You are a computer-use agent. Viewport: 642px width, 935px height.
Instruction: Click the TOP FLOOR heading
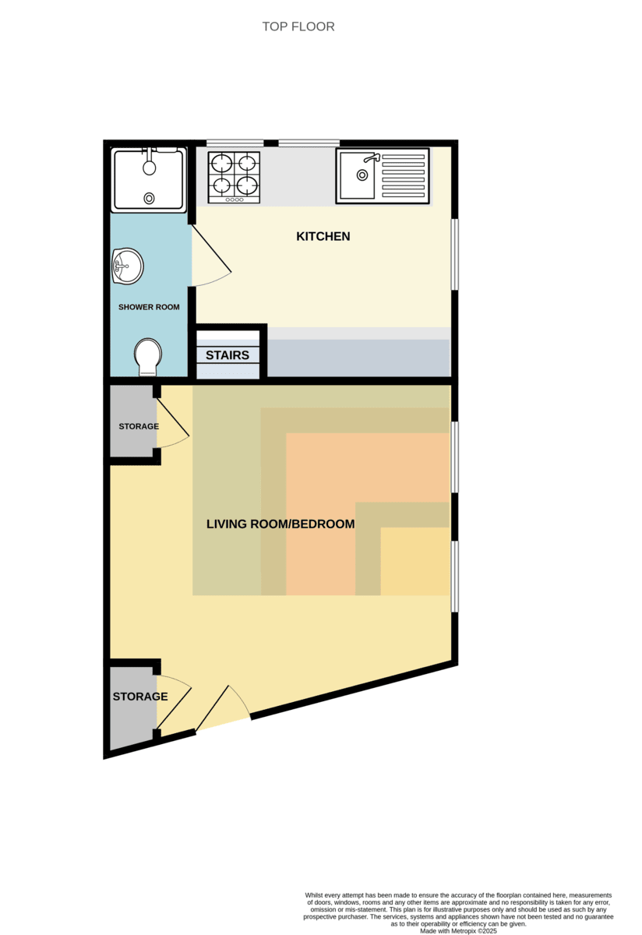point(298,26)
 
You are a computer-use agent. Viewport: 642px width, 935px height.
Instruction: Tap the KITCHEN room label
point(323,236)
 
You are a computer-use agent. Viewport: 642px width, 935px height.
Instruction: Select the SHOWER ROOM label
point(149,307)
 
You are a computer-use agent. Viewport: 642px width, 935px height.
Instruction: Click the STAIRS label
point(227,355)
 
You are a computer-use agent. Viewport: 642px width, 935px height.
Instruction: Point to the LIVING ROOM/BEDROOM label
point(280,524)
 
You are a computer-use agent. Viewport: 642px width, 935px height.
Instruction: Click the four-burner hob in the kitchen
point(234,178)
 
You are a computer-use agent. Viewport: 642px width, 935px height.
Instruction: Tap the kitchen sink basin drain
point(362,175)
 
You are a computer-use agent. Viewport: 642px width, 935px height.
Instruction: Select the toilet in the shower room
point(148,356)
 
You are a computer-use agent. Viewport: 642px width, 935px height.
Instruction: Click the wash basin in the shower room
point(128,266)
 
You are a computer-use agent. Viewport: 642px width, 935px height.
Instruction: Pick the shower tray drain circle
point(149,198)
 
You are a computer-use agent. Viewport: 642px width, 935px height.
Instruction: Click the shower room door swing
point(211,256)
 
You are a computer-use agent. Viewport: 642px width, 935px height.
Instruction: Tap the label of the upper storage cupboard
point(139,426)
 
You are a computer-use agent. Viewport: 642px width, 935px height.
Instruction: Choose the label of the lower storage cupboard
point(140,697)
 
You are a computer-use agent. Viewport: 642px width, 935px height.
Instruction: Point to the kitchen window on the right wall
point(455,254)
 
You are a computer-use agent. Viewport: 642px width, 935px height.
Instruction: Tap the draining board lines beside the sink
point(404,176)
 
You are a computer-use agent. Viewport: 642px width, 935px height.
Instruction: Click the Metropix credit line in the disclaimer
point(458,931)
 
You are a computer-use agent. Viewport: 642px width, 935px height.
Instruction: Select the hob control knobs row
point(235,199)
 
